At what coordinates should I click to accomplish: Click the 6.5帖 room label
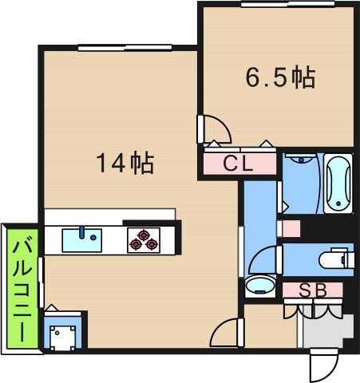click(x=279, y=79)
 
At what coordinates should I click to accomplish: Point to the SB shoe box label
click(x=313, y=290)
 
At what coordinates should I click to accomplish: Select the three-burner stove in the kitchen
click(x=144, y=239)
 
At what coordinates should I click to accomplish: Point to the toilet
click(x=334, y=259)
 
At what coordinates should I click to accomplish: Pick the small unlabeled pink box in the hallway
click(x=291, y=228)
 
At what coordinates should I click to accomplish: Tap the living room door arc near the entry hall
click(x=229, y=330)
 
